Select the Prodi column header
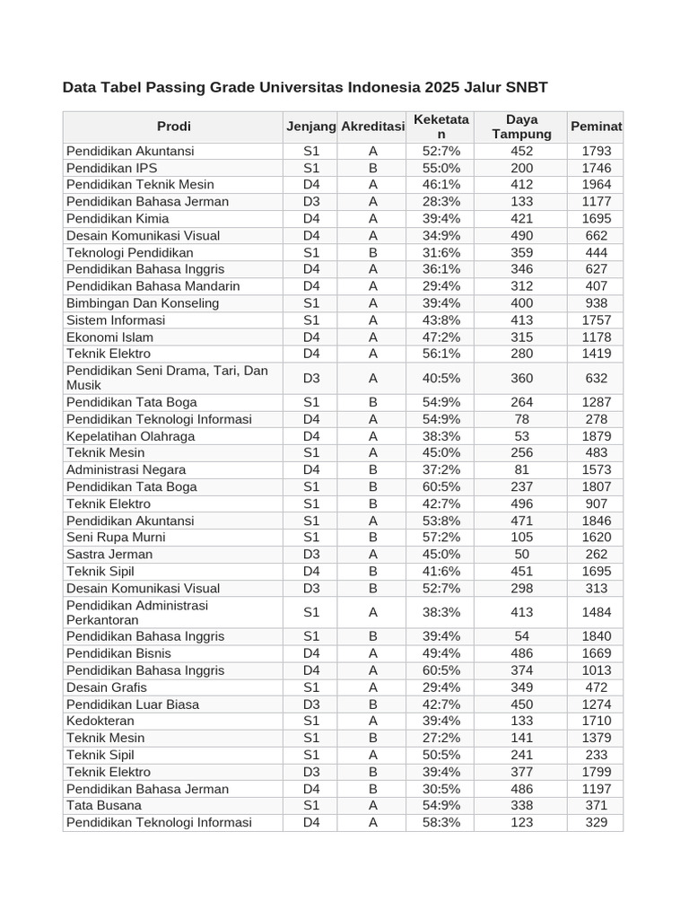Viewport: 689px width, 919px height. click(173, 127)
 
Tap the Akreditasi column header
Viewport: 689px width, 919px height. click(372, 127)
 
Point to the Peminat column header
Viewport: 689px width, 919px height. click(596, 127)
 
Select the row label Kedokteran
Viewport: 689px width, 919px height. click(100, 722)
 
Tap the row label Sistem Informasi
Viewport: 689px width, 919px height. click(116, 320)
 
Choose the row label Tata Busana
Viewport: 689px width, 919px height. click(104, 806)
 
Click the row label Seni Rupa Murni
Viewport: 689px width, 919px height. click(116, 538)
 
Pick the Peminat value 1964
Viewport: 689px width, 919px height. click(596, 185)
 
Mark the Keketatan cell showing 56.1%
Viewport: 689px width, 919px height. click(440, 354)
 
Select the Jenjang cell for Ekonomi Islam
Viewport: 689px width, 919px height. click(310, 337)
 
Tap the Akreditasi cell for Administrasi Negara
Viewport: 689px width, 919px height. click(372, 469)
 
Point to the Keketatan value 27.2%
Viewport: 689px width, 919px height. click(440, 738)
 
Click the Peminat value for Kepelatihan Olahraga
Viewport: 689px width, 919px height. click(596, 436)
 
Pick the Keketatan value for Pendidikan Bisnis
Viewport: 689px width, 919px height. click(440, 653)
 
